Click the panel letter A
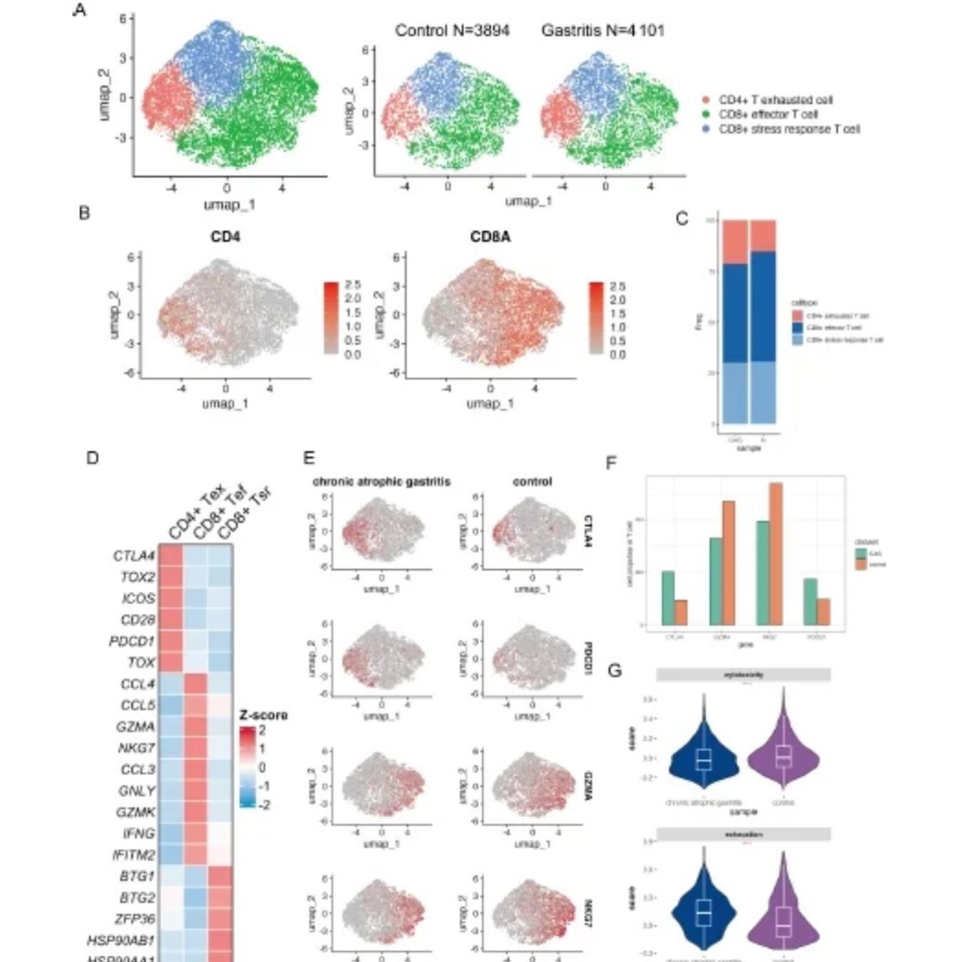[x=80, y=10]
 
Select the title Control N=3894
[x=452, y=31]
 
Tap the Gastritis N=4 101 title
[x=603, y=31]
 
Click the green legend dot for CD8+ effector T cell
[x=706, y=115]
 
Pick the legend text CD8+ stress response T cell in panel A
[x=788, y=129]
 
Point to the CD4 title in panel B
[x=225, y=237]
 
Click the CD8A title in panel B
[x=490, y=237]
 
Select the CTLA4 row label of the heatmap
[x=134, y=556]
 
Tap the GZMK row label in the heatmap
[x=135, y=812]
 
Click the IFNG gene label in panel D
[x=137, y=833]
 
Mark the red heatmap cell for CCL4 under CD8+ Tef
[x=196, y=684]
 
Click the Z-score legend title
[x=263, y=715]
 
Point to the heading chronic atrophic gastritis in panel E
[x=381, y=482]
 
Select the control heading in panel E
[x=532, y=482]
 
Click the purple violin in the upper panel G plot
[x=783, y=758]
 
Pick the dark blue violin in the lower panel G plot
[x=704, y=911]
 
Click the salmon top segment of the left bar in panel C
[x=735, y=242]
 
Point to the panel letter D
[x=92, y=458]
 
